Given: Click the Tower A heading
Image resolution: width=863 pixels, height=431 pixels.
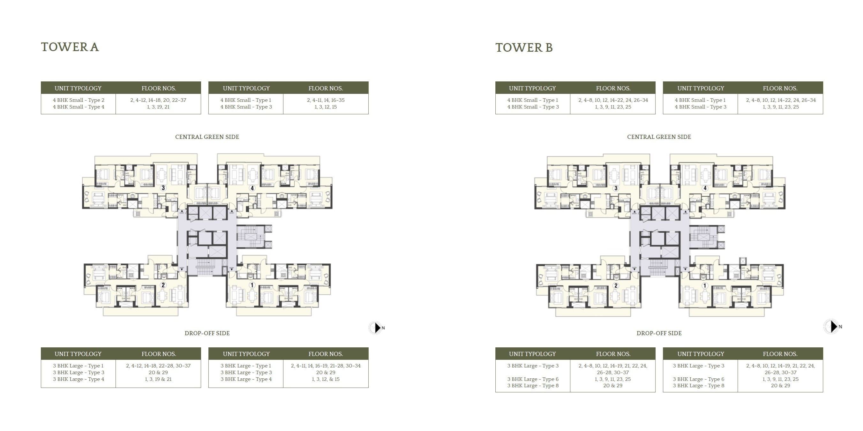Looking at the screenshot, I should click(70, 47).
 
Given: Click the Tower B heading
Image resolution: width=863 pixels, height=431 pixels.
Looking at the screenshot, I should click(524, 48).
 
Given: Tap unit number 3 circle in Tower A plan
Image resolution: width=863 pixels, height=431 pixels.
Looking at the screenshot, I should click(163, 188).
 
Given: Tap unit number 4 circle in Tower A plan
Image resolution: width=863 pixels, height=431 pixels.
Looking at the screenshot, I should click(252, 188).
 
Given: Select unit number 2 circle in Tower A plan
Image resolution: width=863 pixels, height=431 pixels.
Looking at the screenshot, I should click(163, 285).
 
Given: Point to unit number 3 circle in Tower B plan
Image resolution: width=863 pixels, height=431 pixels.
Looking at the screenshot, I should click(616, 188).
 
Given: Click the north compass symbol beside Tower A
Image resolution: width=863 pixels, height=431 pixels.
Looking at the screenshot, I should click(377, 328).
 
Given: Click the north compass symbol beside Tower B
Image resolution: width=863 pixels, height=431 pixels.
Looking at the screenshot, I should click(832, 326).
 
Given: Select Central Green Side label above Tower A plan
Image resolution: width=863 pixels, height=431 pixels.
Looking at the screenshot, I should click(207, 137).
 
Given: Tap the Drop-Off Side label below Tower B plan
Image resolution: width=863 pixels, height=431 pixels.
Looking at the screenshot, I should click(659, 333).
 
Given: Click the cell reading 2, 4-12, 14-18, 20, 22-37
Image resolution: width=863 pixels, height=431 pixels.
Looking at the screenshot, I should click(158, 100).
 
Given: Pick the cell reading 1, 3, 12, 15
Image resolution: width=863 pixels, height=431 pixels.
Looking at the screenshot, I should click(326, 107).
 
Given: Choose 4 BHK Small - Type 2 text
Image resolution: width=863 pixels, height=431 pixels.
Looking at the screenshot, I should click(79, 100).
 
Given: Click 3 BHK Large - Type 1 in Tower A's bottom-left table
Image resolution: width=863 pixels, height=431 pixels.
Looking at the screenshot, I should click(78, 366).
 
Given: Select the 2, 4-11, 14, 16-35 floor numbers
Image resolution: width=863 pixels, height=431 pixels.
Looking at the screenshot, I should click(326, 100).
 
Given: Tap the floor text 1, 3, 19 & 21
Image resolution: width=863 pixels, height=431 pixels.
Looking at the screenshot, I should click(158, 379).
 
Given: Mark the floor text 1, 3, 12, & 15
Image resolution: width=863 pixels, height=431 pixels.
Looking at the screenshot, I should click(326, 379).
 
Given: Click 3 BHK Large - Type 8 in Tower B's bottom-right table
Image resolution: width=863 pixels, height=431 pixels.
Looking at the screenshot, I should click(699, 385).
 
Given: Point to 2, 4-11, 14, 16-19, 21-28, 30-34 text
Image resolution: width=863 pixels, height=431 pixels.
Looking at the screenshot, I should click(326, 366).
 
